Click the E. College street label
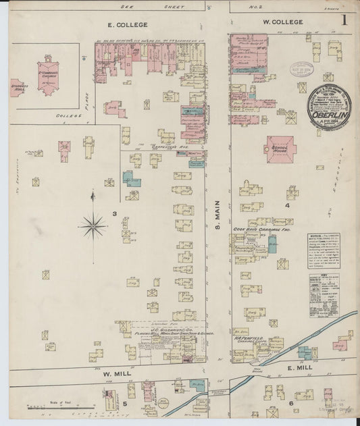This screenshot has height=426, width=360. tap(128, 24)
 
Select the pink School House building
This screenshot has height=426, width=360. tap(280, 148)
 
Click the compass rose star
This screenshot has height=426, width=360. tap(93, 225)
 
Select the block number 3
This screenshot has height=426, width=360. tap(115, 214)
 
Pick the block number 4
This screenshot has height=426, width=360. tap(287, 205)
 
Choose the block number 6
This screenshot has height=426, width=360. tap(292, 403)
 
